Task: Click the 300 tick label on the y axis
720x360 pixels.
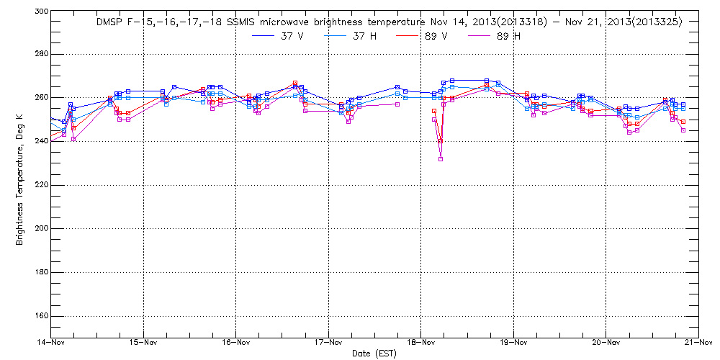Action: pyautogui.click(x=40, y=12)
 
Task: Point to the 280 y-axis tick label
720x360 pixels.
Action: pyautogui.click(x=40, y=55)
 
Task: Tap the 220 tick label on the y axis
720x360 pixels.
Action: pyautogui.click(x=40, y=185)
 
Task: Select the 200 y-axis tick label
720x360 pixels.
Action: pyautogui.click(x=40, y=229)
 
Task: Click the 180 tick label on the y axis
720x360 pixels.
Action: pyautogui.click(x=40, y=273)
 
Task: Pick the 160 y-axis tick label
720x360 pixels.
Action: pyautogui.click(x=40, y=317)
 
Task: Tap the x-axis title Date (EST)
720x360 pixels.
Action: pyautogui.click(x=374, y=354)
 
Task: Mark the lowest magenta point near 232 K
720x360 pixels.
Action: pyautogui.click(x=441, y=159)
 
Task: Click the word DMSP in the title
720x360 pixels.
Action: pyautogui.click(x=110, y=22)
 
